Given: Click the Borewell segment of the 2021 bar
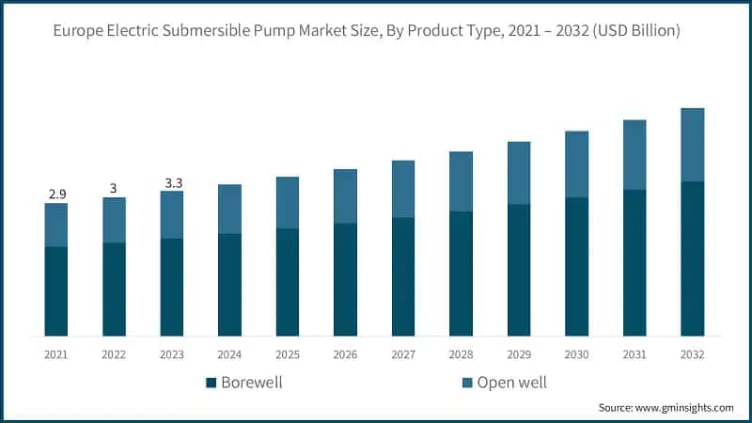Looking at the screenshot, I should coord(56,291).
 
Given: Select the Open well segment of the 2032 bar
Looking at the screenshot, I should coord(693,145).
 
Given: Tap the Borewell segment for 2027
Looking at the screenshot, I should coord(403,276).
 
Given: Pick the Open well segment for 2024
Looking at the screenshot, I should coord(229,209).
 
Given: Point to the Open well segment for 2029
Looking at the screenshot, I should coord(519,173).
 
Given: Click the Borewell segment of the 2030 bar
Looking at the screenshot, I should coord(577,266).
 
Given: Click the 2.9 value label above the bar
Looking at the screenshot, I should coord(56,194).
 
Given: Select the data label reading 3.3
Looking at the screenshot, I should coord(173,182).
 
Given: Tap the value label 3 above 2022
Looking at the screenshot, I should coord(114,188).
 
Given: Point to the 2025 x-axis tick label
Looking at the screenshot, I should coord(288,354).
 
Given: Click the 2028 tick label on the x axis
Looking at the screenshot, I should coord(461,354).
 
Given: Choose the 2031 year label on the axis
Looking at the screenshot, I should coord(634,354).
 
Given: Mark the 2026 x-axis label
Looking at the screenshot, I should coord(345,354).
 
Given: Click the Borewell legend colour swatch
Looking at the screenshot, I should coord(211,383).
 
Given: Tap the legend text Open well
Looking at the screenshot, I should coord(511,383).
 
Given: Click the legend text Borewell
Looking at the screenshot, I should coord(251,383).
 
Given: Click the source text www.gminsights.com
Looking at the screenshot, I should coord(683,407).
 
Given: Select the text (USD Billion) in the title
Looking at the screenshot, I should coord(635,32).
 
